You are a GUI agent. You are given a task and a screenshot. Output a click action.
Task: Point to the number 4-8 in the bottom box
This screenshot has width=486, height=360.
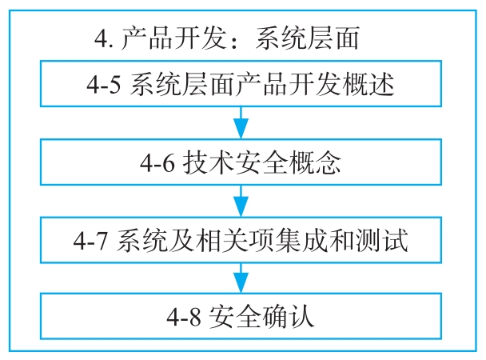point(185,316)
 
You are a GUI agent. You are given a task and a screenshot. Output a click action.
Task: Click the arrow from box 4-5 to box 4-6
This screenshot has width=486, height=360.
point(241,123)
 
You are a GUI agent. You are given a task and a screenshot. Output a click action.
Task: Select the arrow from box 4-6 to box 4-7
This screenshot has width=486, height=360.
point(241,199)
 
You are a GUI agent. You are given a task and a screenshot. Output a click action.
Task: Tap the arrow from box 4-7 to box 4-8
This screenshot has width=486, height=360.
point(241,277)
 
